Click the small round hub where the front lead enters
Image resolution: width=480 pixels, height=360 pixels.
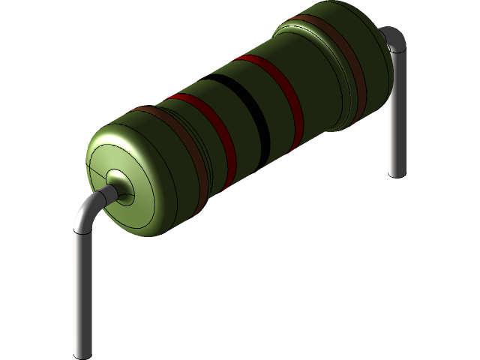pyautogui.click(x=118, y=182)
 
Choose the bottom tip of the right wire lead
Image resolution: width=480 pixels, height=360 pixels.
pyautogui.click(x=396, y=172)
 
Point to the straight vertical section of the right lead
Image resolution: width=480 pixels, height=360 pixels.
pyautogui.click(x=396, y=112)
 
